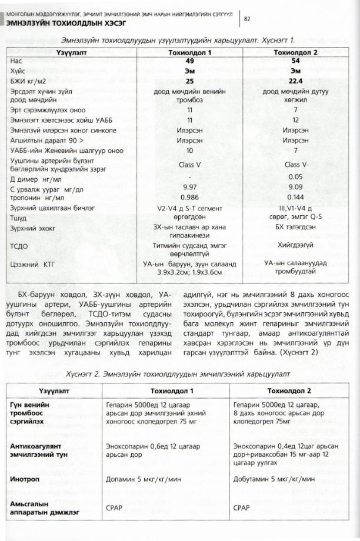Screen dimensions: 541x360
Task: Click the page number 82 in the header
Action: tap(248, 19)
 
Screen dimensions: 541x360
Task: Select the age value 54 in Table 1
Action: tap(295, 61)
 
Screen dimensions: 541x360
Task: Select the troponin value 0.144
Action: tap(295, 197)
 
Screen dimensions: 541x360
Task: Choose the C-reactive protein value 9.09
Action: tap(295, 188)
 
